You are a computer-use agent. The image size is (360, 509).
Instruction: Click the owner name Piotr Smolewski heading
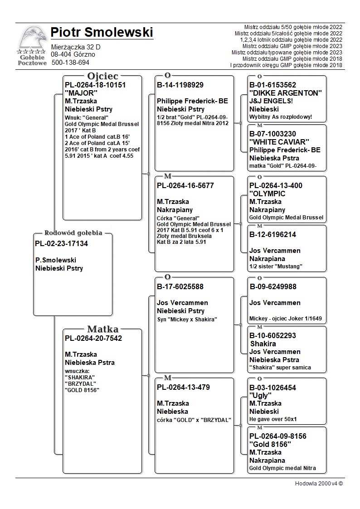click(x=102, y=33)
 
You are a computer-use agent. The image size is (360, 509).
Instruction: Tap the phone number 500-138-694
click(x=71, y=63)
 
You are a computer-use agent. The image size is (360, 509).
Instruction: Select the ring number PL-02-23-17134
click(x=61, y=244)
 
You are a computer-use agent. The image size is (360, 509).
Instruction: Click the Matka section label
click(x=103, y=329)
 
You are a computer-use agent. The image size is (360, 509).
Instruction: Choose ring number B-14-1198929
click(x=180, y=85)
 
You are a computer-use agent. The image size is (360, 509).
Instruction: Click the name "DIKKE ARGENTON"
click(x=285, y=93)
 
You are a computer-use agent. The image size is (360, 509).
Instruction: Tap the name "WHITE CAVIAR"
click(x=279, y=142)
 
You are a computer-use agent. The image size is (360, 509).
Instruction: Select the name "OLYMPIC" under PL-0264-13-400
click(x=268, y=194)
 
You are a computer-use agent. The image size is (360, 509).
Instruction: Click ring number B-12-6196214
click(x=272, y=234)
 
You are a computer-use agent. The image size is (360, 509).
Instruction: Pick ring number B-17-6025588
click(x=180, y=286)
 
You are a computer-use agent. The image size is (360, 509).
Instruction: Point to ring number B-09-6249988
click(x=273, y=286)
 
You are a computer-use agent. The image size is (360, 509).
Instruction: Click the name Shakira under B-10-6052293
click(x=263, y=344)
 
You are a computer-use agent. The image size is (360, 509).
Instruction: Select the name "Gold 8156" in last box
click(x=270, y=444)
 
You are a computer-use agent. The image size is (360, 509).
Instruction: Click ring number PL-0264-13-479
click(x=183, y=388)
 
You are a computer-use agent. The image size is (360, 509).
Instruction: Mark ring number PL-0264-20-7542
click(x=93, y=338)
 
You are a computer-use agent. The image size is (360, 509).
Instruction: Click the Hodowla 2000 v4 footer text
click(x=319, y=484)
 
